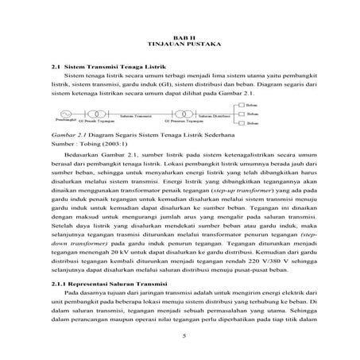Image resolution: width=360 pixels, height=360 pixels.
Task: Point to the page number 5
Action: tap(183, 338)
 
